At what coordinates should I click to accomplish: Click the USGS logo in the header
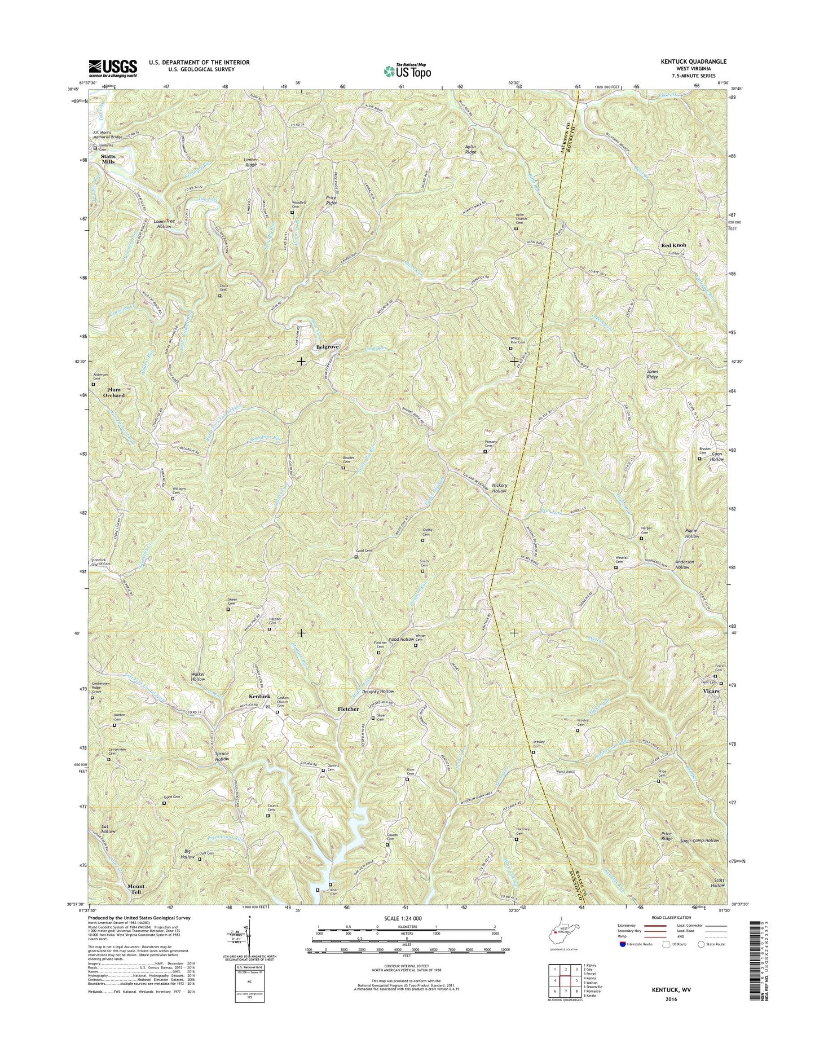click(x=113, y=68)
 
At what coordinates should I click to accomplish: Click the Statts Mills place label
click(x=108, y=159)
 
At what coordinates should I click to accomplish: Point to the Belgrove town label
click(x=327, y=347)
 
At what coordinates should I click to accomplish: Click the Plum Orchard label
click(x=113, y=393)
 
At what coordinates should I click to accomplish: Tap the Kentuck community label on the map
click(x=259, y=697)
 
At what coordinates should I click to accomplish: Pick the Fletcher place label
click(x=348, y=709)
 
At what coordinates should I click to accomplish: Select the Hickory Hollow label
click(x=499, y=488)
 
